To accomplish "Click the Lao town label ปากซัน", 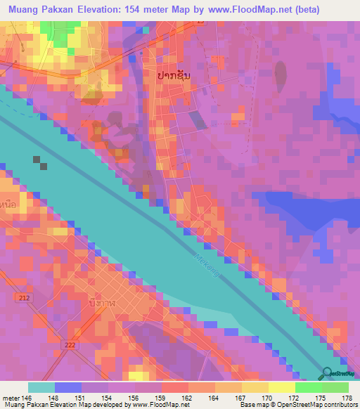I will pos(169,74).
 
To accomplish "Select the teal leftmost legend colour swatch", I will pos(41,387).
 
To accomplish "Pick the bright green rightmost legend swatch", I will pos(335,387).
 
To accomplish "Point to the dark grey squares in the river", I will pos(39,162).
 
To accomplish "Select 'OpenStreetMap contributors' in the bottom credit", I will pos(321,404).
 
